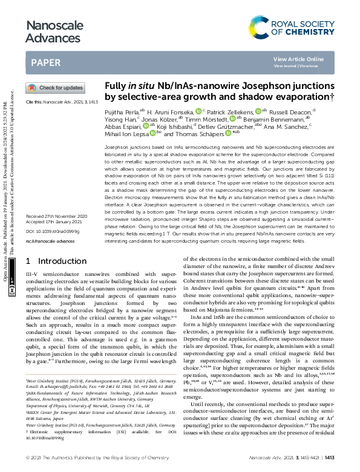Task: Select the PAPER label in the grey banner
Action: coord(45,62)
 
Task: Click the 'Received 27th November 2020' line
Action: coord(56,216)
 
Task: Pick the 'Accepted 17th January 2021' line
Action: coord(54,222)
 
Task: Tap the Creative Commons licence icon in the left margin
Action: coord(12,290)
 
